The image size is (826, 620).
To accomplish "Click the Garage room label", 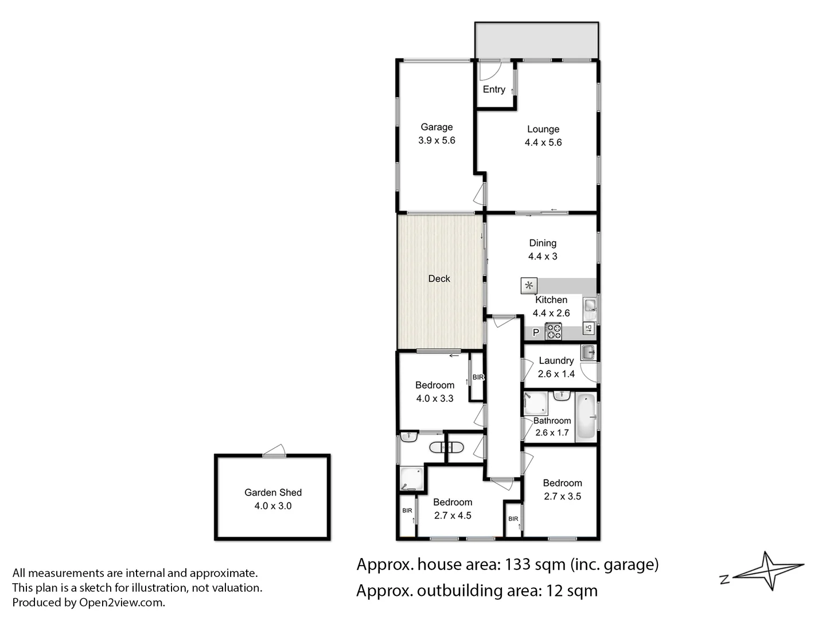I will (437, 127).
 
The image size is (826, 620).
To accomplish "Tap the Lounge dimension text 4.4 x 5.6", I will (543, 142).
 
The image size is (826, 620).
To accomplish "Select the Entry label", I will (493, 90).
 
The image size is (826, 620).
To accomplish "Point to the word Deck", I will (439, 279).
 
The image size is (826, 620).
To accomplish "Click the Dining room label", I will (543, 243).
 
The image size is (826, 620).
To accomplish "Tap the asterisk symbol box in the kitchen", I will (529, 285).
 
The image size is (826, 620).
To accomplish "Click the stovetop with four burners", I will (553, 332).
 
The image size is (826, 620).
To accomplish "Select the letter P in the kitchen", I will (536, 332).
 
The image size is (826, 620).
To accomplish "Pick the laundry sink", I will (588, 352).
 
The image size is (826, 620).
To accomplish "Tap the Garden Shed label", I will (273, 493).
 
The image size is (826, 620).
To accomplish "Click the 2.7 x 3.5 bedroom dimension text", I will (562, 497).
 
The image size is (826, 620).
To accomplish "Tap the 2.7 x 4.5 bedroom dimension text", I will (453, 516).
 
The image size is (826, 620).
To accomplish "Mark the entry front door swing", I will (489, 70).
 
